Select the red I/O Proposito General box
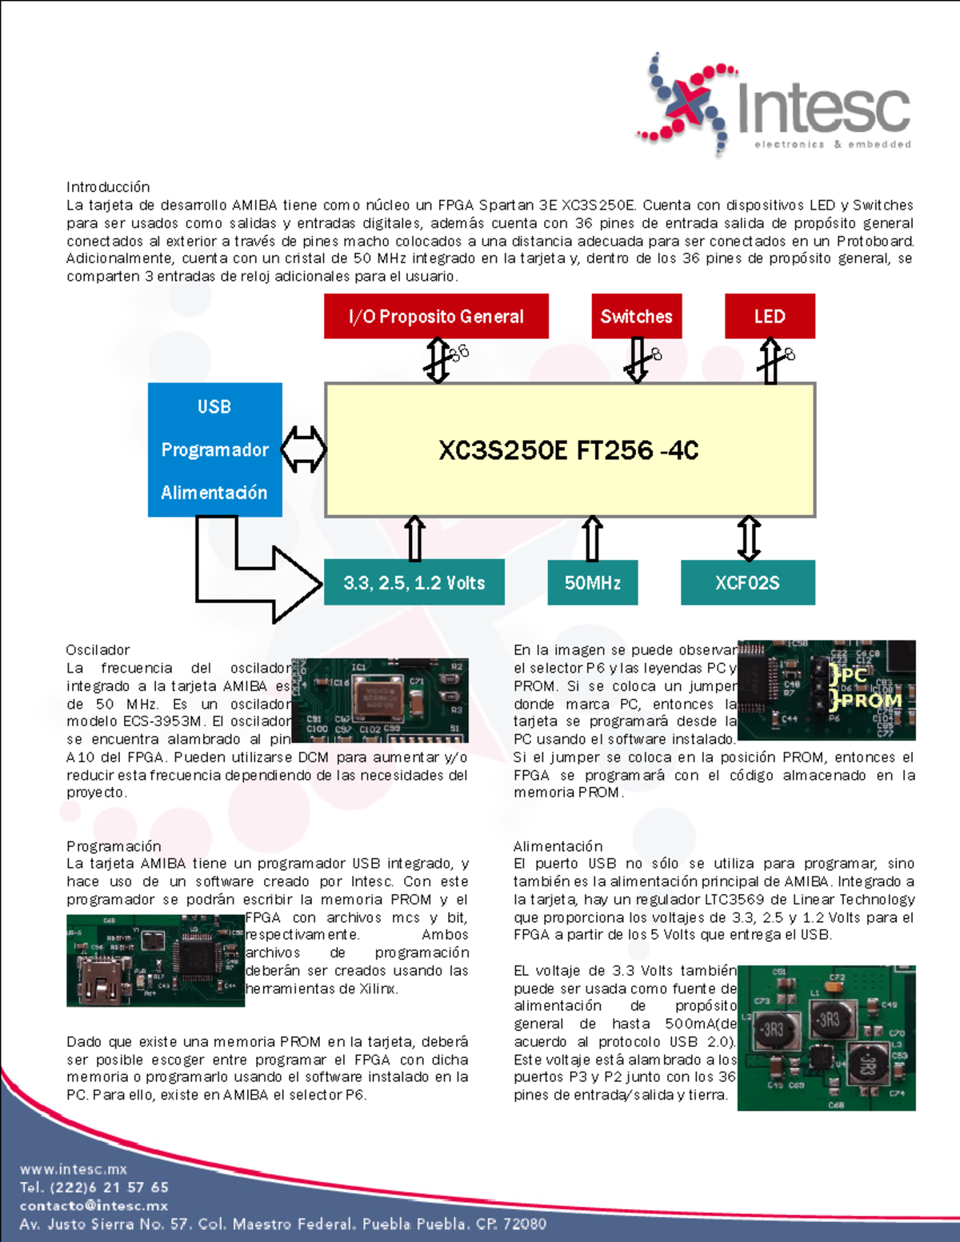[436, 317]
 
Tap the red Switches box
[636, 317]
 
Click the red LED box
[770, 317]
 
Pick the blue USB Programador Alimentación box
[214, 449]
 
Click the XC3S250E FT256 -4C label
[568, 450]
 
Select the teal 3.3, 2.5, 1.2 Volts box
[414, 583]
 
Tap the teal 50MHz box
[592, 583]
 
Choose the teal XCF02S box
[747, 583]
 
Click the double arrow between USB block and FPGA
[303, 449]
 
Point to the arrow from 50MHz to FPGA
[592, 538]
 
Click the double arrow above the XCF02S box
[748, 538]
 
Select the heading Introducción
[108, 187]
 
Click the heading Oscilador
[98, 650]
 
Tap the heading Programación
[114, 846]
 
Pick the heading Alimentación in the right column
[558, 846]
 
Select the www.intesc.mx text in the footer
[74, 1169]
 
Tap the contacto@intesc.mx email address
[94, 1205]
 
